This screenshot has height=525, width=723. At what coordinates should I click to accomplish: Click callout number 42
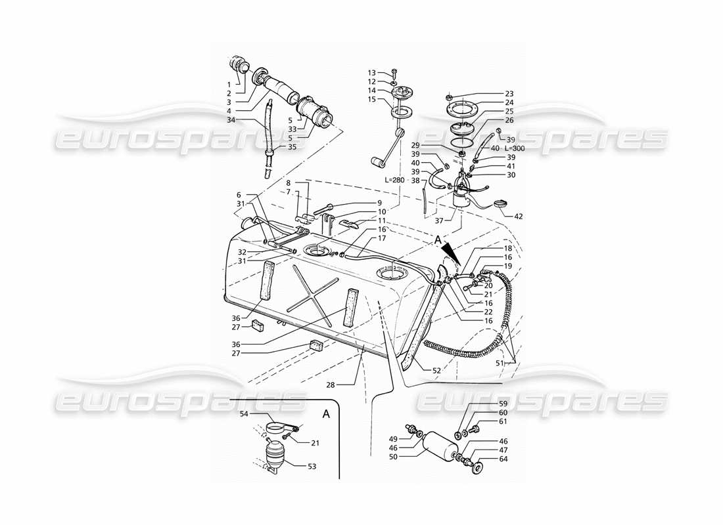click(518, 216)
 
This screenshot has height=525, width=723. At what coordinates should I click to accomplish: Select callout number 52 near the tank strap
click(436, 371)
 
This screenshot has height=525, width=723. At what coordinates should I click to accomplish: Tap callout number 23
click(509, 94)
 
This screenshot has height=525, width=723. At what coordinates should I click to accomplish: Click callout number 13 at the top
click(371, 73)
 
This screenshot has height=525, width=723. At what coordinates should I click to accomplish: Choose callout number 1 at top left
click(229, 85)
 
